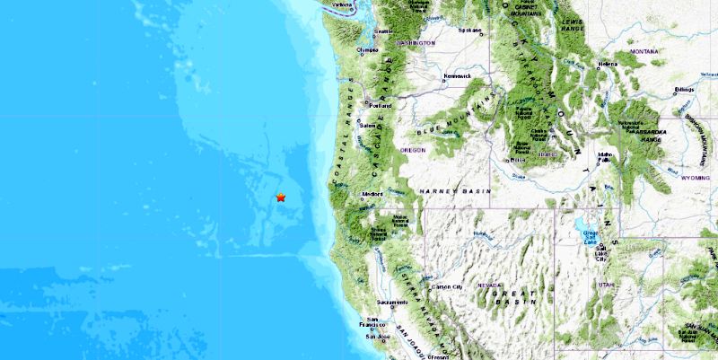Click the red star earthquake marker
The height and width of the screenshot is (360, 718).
click(x=281, y=198)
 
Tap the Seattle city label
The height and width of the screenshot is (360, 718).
click(x=384, y=32)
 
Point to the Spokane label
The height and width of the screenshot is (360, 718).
click(x=468, y=30)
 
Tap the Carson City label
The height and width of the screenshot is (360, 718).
click(x=447, y=287)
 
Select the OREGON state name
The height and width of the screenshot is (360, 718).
click(x=413, y=150)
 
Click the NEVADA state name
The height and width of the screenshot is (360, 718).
click(x=490, y=285)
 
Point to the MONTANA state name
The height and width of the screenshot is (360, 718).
click(x=644, y=52)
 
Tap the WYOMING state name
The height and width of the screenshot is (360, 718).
click(x=694, y=178)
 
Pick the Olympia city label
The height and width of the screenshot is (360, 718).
click(x=369, y=51)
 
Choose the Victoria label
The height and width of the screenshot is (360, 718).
click(x=342, y=5)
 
